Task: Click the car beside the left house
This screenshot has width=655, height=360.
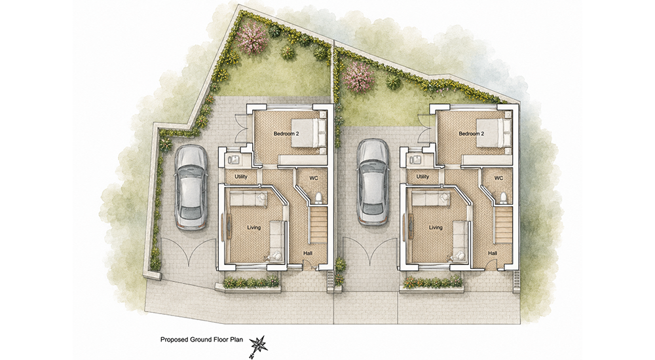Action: tap(191, 187)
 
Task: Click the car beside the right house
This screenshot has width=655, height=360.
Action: tap(373, 182)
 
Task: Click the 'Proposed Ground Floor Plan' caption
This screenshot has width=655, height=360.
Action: tap(202, 340)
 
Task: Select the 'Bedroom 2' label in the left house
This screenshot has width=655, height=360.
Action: tap(286, 134)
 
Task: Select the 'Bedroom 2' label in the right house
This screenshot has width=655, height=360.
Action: tap(471, 134)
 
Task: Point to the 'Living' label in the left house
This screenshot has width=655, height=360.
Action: tap(253, 228)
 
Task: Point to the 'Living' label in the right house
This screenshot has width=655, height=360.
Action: tap(436, 228)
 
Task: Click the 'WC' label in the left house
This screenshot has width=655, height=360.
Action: tap(314, 178)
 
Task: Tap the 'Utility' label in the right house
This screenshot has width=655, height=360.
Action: tap(422, 177)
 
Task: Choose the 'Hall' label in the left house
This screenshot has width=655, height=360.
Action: tap(308, 253)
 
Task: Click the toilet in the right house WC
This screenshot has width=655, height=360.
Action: tap(503, 197)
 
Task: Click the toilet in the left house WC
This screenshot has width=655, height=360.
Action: tap(318, 197)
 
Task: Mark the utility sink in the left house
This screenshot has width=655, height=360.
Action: tap(233, 160)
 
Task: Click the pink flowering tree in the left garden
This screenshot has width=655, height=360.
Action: tap(252, 37)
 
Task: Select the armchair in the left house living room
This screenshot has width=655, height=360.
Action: tap(274, 255)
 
